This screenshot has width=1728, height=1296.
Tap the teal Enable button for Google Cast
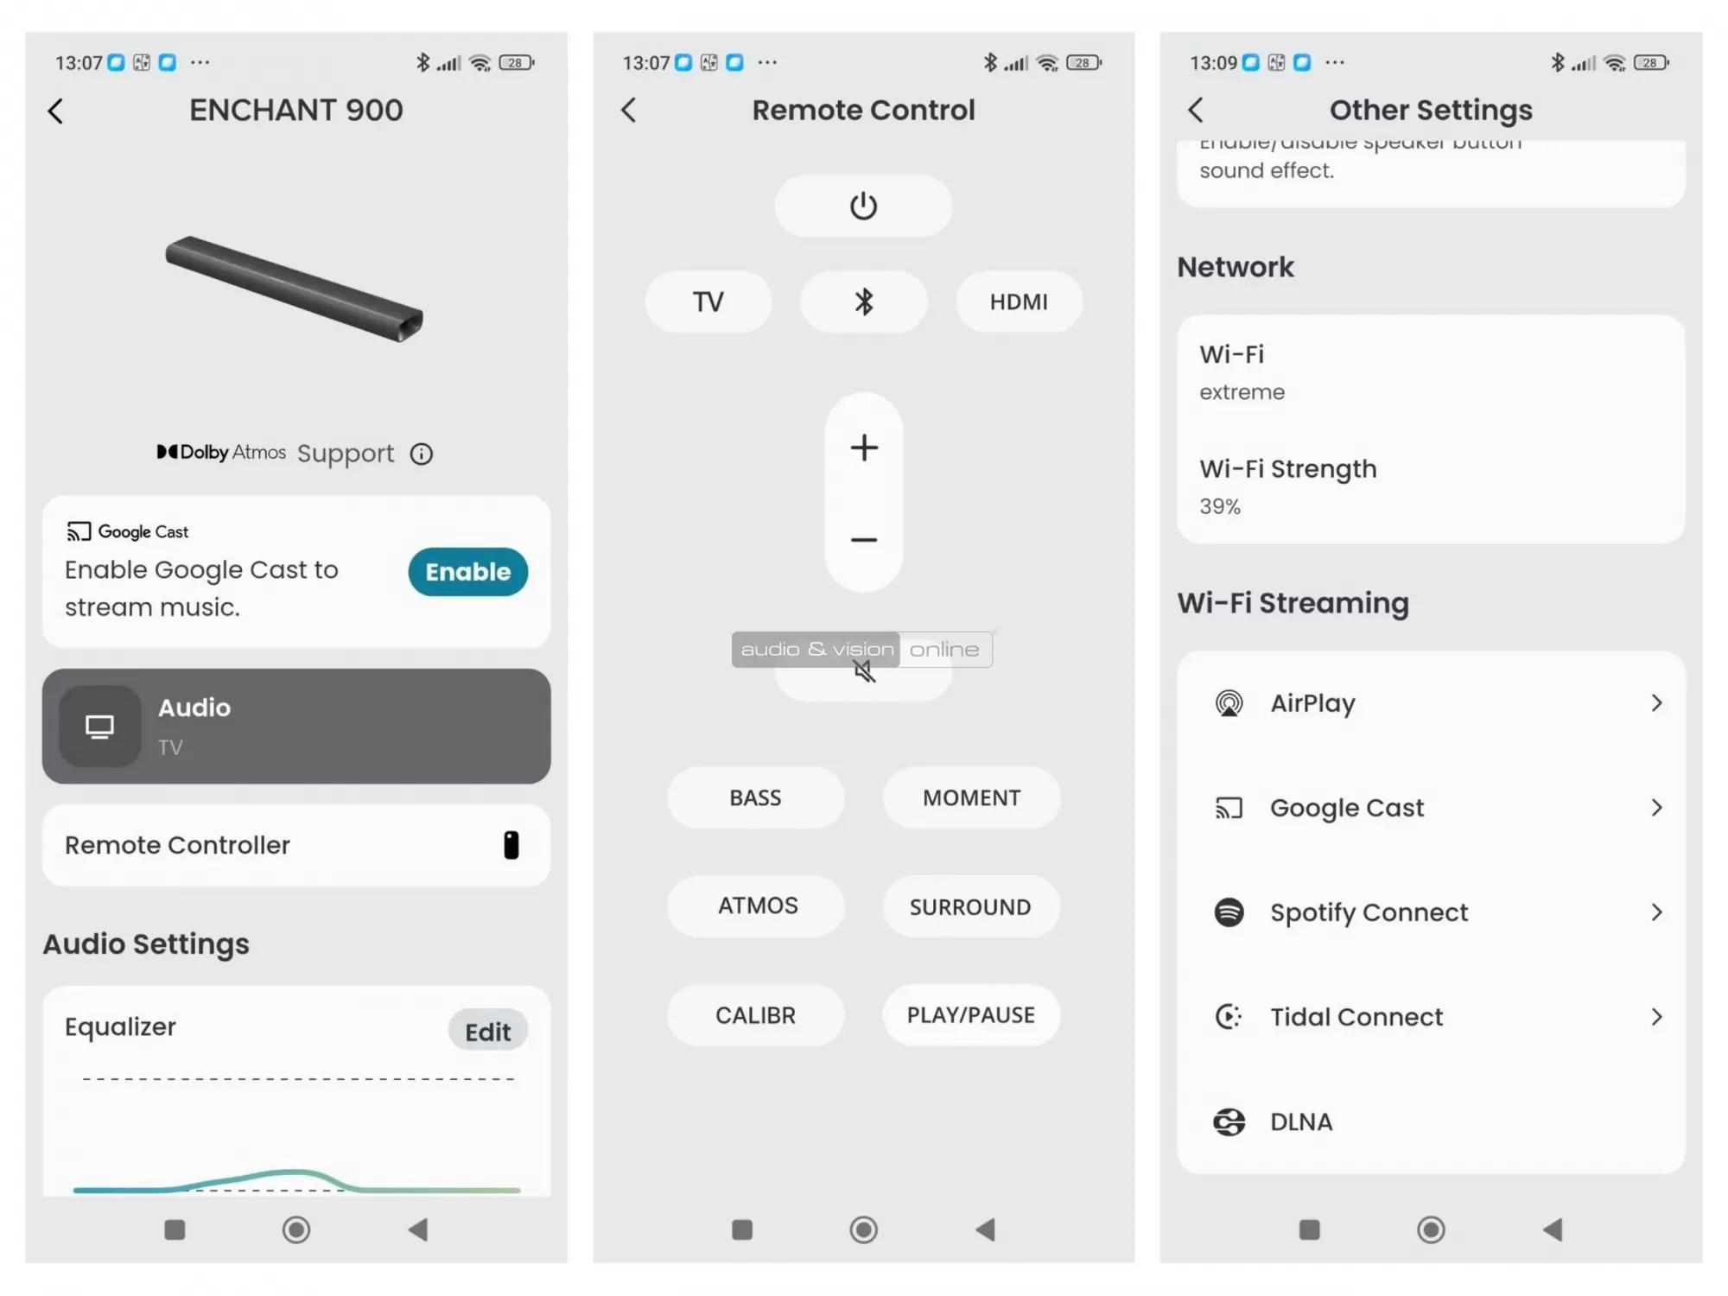point(467,571)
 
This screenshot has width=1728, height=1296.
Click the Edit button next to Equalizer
point(487,1031)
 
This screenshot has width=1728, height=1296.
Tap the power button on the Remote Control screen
point(862,206)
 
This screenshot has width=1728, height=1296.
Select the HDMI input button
point(1018,302)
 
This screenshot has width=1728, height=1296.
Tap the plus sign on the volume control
point(863,448)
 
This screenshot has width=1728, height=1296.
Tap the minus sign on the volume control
point(863,540)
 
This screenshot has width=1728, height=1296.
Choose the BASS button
point(754,797)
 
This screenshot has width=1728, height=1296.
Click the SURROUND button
point(969,906)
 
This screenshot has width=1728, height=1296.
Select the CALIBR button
point(754,1015)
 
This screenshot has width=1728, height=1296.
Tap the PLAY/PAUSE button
point(969,1015)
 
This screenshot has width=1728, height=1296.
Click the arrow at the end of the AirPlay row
point(1655,703)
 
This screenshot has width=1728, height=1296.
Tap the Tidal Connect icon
point(1228,1017)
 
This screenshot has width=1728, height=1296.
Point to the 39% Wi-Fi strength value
point(1219,506)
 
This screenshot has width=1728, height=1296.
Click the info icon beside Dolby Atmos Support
point(421,454)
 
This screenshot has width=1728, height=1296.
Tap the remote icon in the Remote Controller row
point(511,845)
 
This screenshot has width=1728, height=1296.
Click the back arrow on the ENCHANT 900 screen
point(56,111)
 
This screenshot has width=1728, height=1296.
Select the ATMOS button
point(757,905)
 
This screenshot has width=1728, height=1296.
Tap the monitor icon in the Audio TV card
point(99,727)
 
